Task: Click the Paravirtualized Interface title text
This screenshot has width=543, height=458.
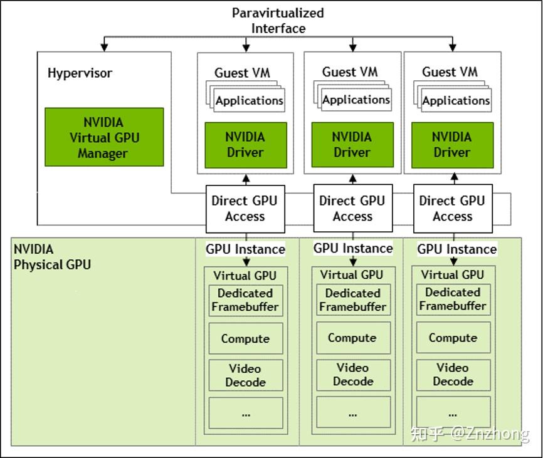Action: tap(278, 21)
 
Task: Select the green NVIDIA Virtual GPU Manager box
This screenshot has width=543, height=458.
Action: tap(104, 137)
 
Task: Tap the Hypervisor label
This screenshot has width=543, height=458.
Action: tap(80, 73)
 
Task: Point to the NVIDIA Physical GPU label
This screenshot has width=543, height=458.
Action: tap(52, 257)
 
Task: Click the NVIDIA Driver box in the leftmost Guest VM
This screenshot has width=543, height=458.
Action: tap(245, 144)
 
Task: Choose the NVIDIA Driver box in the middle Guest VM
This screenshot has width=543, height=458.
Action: tap(352, 144)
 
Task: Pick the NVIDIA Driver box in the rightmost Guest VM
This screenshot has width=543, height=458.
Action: tap(452, 144)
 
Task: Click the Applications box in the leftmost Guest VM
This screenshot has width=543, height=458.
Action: tap(250, 101)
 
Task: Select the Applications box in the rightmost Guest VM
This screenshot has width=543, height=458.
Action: tap(456, 101)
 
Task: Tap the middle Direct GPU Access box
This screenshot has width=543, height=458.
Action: tap(352, 209)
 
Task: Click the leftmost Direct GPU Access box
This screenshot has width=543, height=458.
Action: tap(245, 209)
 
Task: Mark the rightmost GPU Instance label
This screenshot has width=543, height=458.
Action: tap(457, 249)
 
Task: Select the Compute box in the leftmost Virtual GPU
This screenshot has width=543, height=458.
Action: tap(245, 339)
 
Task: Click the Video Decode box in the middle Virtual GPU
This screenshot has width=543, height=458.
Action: tap(352, 375)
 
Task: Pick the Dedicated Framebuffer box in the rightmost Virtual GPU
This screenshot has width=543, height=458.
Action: tap(453, 299)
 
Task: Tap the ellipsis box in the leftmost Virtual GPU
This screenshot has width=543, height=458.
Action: tap(245, 413)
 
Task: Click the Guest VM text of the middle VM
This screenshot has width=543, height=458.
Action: tap(350, 72)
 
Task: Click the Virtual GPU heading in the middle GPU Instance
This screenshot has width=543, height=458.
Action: tap(352, 275)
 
